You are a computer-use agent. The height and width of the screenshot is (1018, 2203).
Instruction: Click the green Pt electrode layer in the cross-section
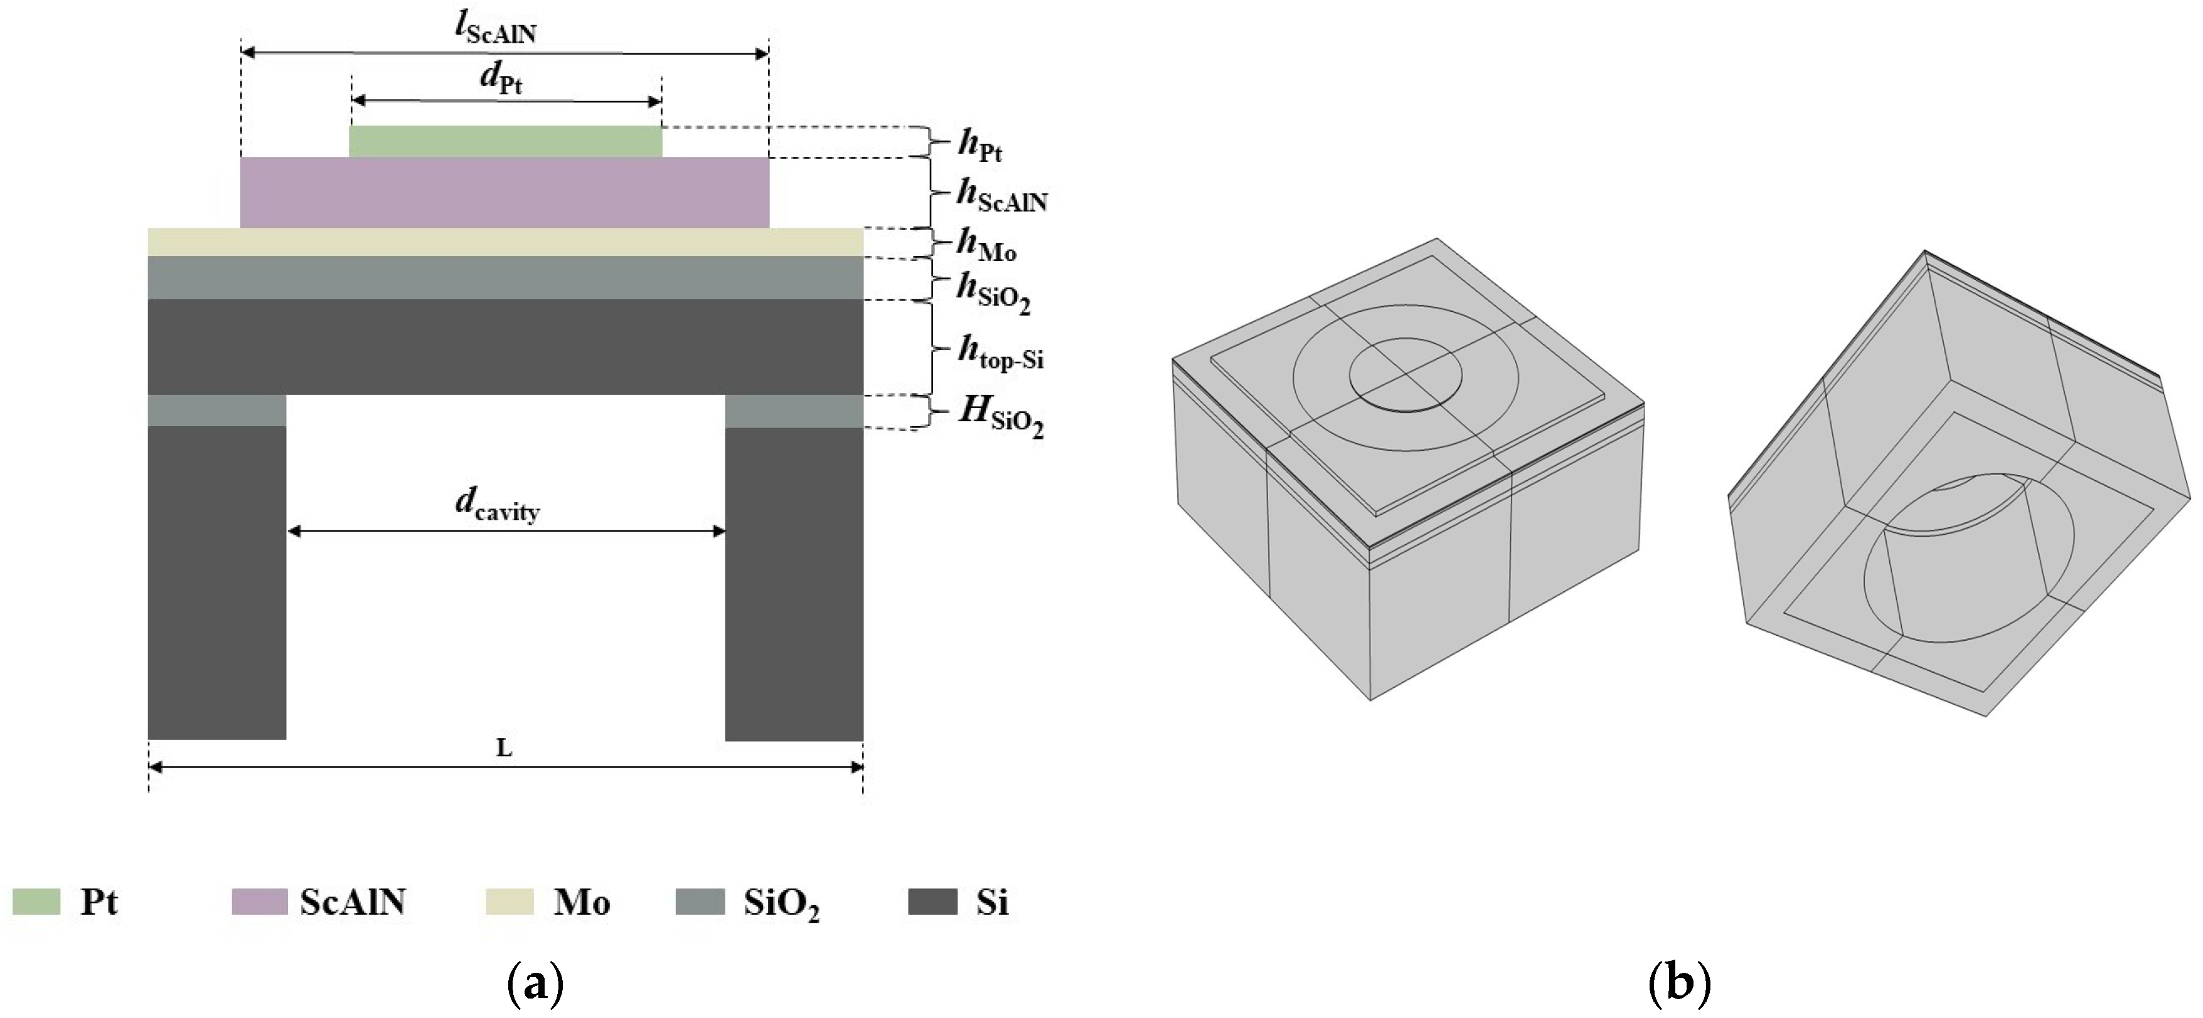pos(506,141)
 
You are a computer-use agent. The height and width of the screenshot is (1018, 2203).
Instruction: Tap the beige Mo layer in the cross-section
pos(506,242)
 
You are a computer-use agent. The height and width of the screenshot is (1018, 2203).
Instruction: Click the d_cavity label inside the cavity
pos(498,506)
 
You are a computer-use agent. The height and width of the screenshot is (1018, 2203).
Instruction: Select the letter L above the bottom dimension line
pos(504,749)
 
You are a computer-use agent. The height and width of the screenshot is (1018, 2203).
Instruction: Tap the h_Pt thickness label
pos(980,146)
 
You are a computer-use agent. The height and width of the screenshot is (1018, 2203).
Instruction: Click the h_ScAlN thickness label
pos(1002,196)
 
